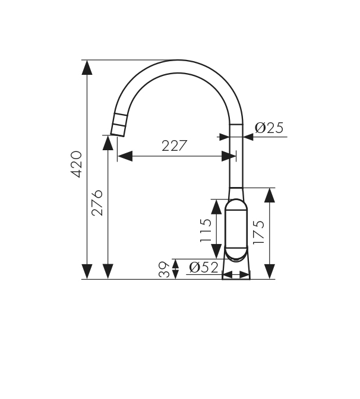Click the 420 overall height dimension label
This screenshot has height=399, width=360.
tap(76, 164)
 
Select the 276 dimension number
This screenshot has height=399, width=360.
tap(97, 203)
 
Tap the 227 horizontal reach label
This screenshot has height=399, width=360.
tap(175, 145)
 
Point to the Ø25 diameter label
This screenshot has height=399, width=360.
tap(269, 128)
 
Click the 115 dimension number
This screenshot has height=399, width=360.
tap(206, 230)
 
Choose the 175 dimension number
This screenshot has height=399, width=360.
tap(258, 232)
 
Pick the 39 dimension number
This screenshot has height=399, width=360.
tap(164, 269)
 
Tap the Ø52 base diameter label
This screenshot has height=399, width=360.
tap(204, 267)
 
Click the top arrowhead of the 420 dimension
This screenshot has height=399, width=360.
tap(87, 68)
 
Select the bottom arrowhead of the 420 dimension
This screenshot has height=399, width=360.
tap(87, 271)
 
